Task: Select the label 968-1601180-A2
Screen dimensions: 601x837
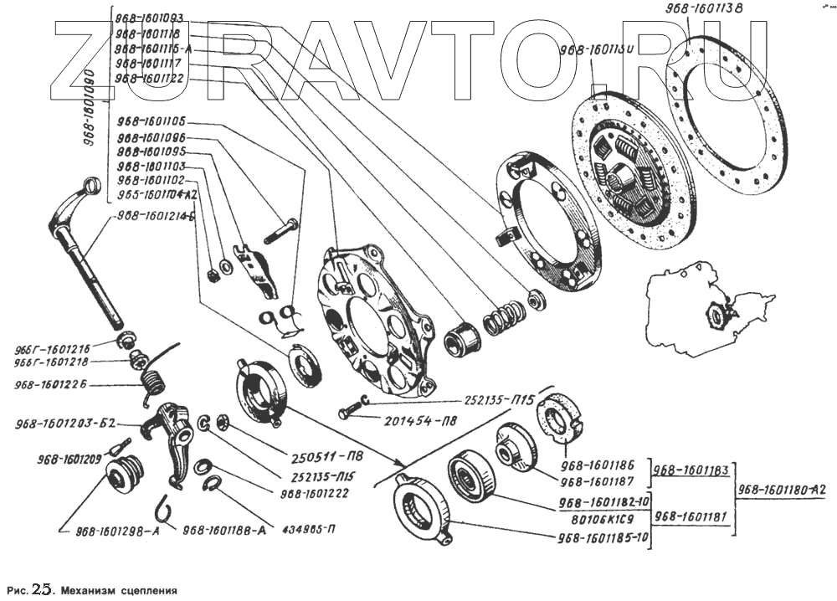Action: pyautogui.click(x=781, y=491)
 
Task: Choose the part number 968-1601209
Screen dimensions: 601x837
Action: pyautogui.click(x=69, y=458)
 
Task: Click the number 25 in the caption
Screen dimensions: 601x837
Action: pyautogui.click(x=41, y=588)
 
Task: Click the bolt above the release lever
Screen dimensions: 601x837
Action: pyautogui.click(x=281, y=230)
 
